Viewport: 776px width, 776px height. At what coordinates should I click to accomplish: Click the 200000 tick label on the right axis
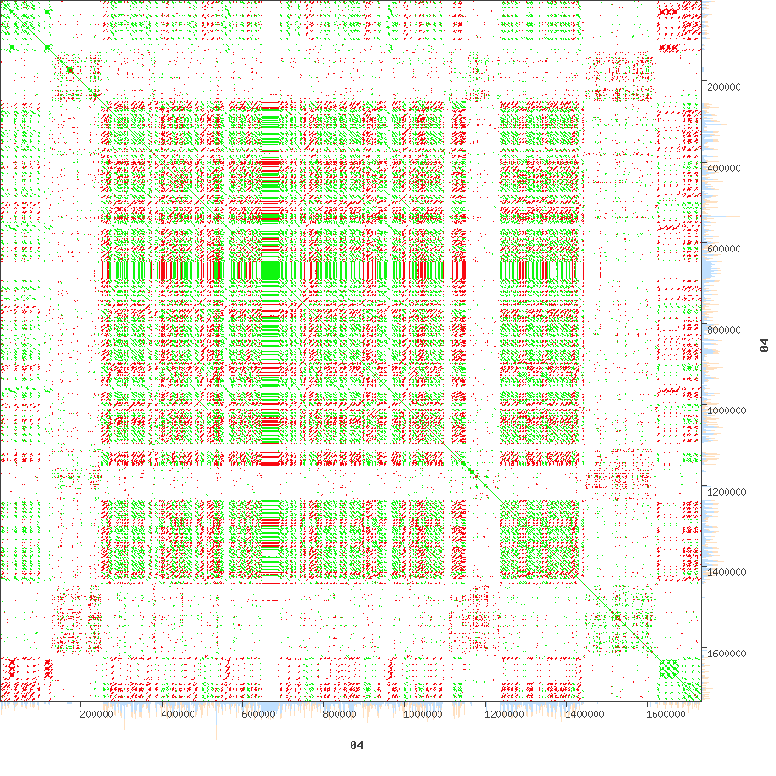(x=727, y=86)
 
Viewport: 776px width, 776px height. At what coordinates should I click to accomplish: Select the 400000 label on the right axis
(x=727, y=167)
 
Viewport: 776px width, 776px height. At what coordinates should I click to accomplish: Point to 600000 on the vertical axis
(x=727, y=249)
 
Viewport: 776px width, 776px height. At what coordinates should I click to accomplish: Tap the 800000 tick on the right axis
(x=727, y=330)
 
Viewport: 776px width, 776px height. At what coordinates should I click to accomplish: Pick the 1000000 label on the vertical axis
(x=730, y=410)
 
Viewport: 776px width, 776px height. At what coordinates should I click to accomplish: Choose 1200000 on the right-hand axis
(x=730, y=492)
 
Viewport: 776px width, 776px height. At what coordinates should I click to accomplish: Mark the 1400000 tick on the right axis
(x=730, y=572)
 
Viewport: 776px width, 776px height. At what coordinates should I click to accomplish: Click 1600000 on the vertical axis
(x=730, y=653)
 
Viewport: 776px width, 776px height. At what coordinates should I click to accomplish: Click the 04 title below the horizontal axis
(x=355, y=745)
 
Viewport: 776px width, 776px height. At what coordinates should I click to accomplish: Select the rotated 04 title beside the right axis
(x=763, y=346)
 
